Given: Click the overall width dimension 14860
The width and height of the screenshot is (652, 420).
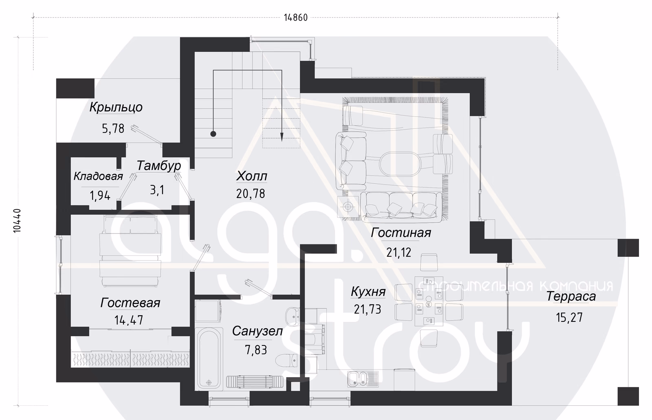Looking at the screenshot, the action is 296,18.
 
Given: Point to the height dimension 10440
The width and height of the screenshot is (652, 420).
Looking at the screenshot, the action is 18,221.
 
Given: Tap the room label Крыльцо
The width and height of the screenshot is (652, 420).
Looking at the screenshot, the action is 116,107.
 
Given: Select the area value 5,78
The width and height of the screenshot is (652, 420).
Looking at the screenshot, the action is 113,128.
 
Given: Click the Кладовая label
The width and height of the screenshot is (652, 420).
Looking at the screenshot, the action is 98,176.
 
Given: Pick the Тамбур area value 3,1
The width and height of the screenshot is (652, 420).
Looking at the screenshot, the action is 157,190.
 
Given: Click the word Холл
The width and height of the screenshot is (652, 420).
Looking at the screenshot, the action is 252,176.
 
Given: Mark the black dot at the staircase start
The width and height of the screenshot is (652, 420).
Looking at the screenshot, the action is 214,134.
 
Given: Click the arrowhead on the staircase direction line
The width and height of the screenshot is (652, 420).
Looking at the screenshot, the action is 282,137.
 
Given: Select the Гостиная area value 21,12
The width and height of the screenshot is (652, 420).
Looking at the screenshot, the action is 399,252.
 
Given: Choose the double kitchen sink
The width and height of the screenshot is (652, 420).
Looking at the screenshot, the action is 363,379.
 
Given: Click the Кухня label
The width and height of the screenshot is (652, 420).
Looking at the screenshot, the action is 368,291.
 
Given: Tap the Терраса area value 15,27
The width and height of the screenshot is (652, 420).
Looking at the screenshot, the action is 569,317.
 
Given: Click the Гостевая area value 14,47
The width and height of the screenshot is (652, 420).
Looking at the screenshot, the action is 129,320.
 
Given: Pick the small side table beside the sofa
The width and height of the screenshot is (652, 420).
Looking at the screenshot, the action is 348,207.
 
